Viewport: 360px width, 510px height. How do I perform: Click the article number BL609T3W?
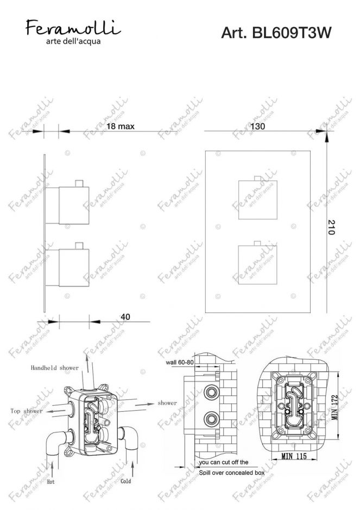click(x=276, y=33)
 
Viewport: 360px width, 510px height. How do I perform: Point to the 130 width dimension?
click(x=258, y=126)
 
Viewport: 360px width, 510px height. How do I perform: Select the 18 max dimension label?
click(x=120, y=126)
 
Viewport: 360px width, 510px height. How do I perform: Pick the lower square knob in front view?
click(x=257, y=264)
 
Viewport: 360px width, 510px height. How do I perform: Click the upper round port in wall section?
click(x=209, y=390)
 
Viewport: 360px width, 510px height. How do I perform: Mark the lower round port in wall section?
click(x=209, y=418)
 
